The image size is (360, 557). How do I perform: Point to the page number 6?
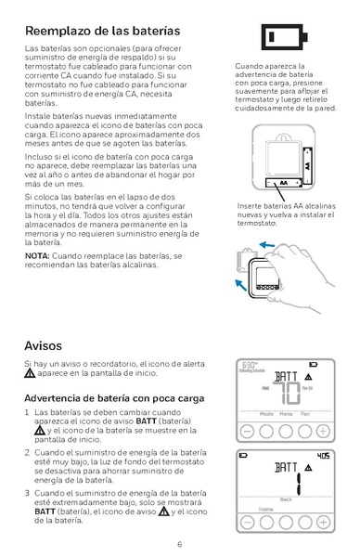click(180, 543)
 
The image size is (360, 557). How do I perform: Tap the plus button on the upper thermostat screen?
click(323, 432)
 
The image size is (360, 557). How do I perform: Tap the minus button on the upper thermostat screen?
click(249, 432)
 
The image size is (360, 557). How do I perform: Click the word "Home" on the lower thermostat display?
click(266, 510)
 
